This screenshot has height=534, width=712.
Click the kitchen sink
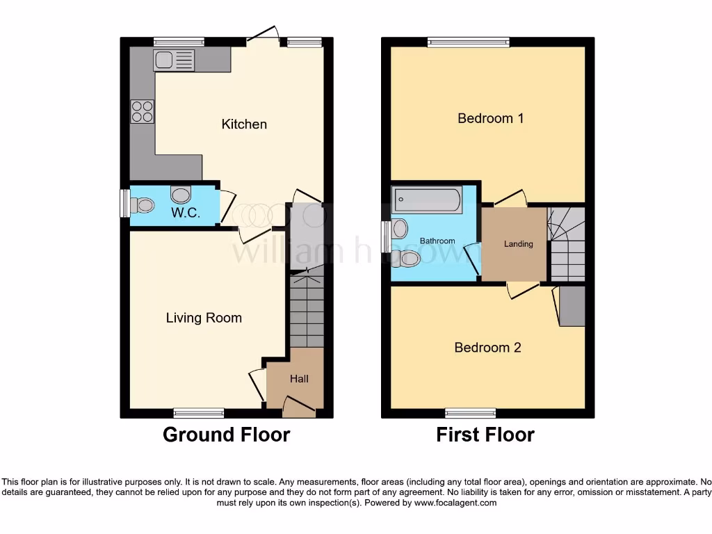point(175,61)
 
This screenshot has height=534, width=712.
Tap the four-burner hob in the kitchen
point(143,112)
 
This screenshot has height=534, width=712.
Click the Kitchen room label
point(244,124)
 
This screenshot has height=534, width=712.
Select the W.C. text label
point(186,213)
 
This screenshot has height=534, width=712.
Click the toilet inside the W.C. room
point(144,204)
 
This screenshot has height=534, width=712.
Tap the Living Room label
point(204,318)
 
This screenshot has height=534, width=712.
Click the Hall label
point(299,379)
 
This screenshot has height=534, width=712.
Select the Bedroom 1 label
point(490,118)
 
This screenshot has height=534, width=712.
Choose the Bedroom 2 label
point(487,348)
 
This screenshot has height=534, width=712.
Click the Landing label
point(519,244)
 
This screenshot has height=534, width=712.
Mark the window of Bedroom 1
point(468,42)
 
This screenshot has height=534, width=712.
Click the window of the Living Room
point(199,413)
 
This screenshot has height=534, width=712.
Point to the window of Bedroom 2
point(471,413)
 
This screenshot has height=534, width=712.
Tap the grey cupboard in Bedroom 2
point(572,307)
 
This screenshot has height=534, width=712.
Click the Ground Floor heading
point(226,435)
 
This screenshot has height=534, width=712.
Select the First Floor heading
point(485,435)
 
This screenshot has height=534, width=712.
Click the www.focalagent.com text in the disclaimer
point(455,503)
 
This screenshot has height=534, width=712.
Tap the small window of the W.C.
point(124,203)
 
